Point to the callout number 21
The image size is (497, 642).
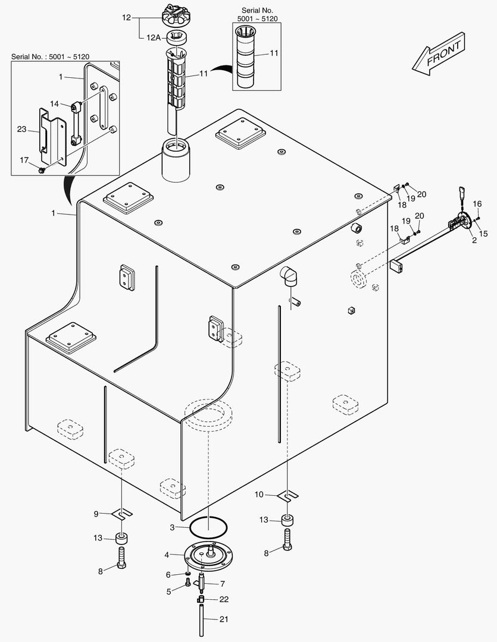(x=224, y=619)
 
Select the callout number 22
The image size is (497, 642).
(x=224, y=599)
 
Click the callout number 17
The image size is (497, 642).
(x=24, y=160)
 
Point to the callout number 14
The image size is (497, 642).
(x=55, y=103)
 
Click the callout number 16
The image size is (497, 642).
(x=477, y=204)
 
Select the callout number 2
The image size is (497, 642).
(x=474, y=240)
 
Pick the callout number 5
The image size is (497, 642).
(x=168, y=591)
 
